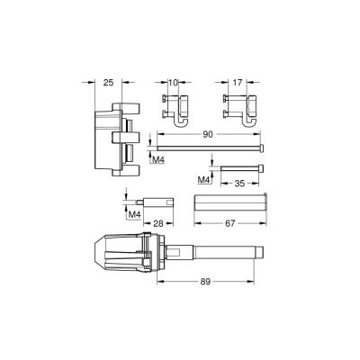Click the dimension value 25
pyautogui.click(x=109, y=82)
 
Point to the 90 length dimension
pyautogui.click(x=208, y=134)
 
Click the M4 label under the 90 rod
pyautogui.click(x=158, y=159)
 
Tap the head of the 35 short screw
pyautogui.click(x=261, y=169)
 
